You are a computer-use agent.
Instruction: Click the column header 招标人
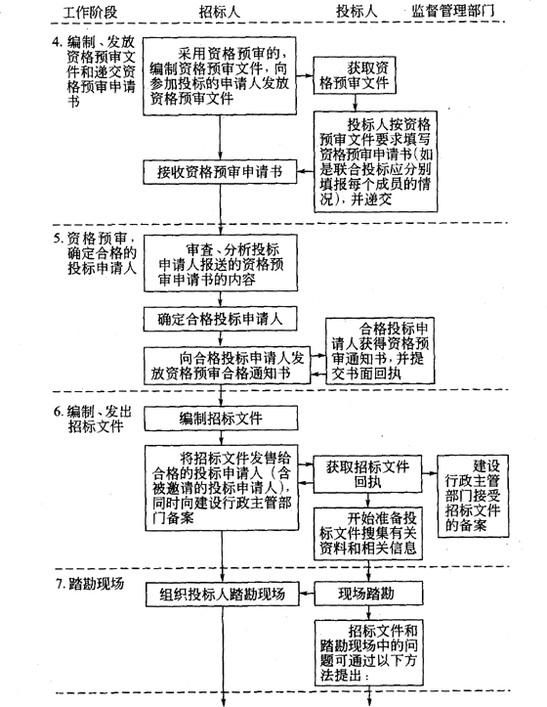point(220,12)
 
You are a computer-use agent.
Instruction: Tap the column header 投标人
point(357,11)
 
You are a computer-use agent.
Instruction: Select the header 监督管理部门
point(453,11)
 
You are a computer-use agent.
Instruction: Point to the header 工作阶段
point(90,12)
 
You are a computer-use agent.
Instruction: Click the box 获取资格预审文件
point(355,75)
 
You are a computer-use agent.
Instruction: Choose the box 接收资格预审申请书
point(220,172)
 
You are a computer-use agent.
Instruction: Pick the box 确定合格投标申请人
point(220,319)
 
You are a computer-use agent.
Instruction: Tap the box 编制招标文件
point(221,418)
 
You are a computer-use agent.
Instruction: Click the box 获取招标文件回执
point(367,474)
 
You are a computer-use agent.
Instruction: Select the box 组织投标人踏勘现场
point(223,594)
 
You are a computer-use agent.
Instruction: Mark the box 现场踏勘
point(368,594)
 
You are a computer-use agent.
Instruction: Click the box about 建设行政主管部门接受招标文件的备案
point(473,496)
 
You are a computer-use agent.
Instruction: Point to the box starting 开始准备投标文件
point(368,534)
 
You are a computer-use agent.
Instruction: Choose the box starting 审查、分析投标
point(221,263)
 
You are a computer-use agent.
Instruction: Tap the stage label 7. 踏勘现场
point(90,584)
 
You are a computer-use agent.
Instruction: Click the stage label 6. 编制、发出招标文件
point(93,419)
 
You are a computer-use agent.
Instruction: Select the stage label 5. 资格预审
point(95,252)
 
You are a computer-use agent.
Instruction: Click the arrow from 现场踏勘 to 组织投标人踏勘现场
point(307,594)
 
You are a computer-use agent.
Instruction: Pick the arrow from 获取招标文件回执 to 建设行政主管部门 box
point(430,473)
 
